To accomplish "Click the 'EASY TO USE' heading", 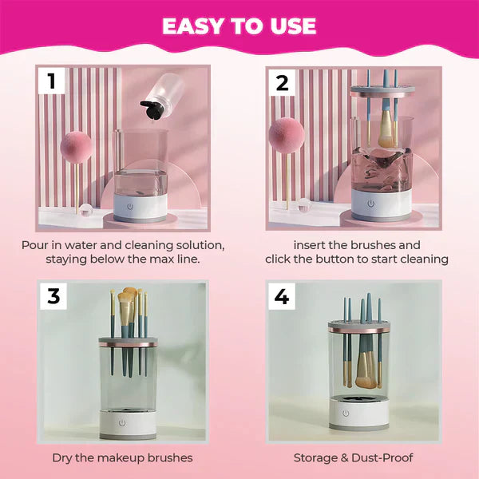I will (239, 26).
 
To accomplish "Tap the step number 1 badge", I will (52, 81).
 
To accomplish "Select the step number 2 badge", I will (282, 81).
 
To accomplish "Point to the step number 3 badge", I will (53, 296).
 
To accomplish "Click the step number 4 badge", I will (281, 296).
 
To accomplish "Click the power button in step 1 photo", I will (140, 204).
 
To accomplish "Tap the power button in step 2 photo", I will (370, 204).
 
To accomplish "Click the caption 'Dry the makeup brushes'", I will (122, 457).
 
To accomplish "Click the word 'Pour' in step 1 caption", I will (34, 245).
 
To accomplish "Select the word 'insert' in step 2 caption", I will (310, 245).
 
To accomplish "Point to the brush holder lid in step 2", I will (382, 92).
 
